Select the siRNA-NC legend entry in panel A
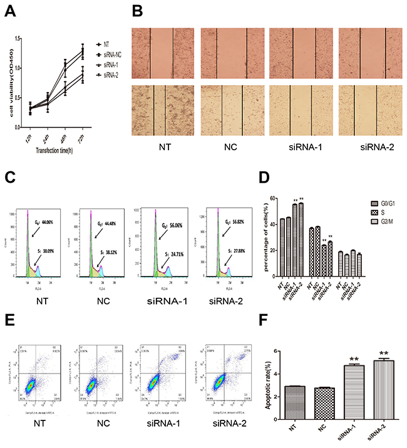[x=114, y=54]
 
